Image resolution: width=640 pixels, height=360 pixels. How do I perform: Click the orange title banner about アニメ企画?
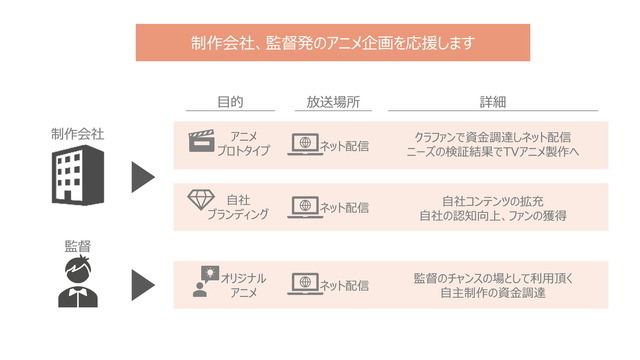tap(333, 43)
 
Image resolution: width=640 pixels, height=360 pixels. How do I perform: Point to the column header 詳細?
tap(493, 102)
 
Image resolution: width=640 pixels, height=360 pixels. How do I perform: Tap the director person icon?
tap(76, 281)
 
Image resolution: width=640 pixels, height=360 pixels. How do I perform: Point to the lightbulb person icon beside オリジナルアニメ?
tap(203, 283)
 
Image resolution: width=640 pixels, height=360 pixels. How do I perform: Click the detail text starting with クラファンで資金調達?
tap(493, 137)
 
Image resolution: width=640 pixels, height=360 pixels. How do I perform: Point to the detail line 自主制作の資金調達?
tap(493, 292)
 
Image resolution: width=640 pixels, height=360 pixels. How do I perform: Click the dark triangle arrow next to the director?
tap(144, 284)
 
